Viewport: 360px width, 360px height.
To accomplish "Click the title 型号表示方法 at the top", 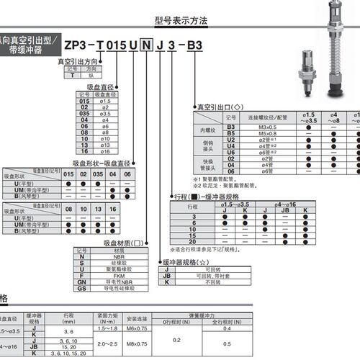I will click(x=180, y=22).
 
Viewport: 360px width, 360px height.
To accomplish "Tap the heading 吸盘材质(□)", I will click(x=127, y=243).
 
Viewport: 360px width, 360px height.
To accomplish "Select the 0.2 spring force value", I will click(x=177, y=341).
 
